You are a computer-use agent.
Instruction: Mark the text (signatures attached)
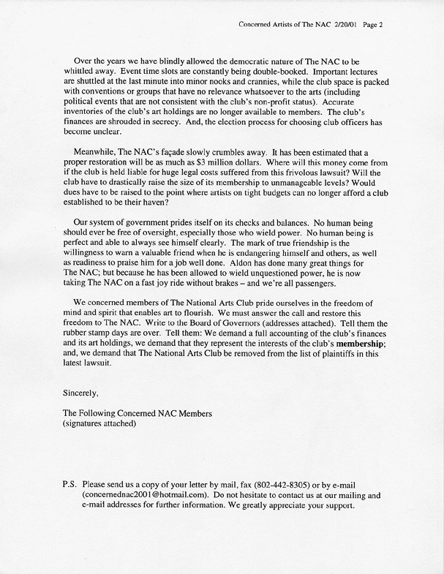pyautogui.click(x=99, y=423)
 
